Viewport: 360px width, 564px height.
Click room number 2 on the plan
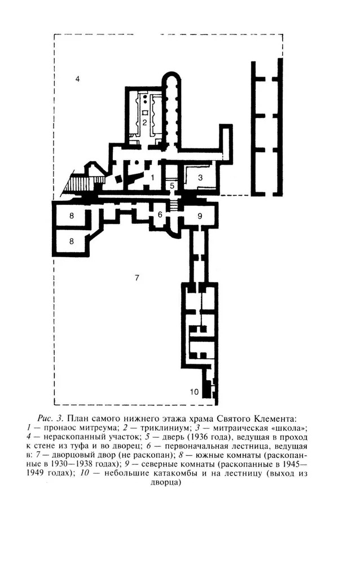point(144,122)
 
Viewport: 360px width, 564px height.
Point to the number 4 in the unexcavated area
point(77,79)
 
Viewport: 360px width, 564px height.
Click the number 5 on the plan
point(173,184)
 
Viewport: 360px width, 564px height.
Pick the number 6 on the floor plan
point(160,214)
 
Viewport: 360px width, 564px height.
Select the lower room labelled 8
point(72,241)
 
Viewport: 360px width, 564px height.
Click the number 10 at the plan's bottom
point(194,392)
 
